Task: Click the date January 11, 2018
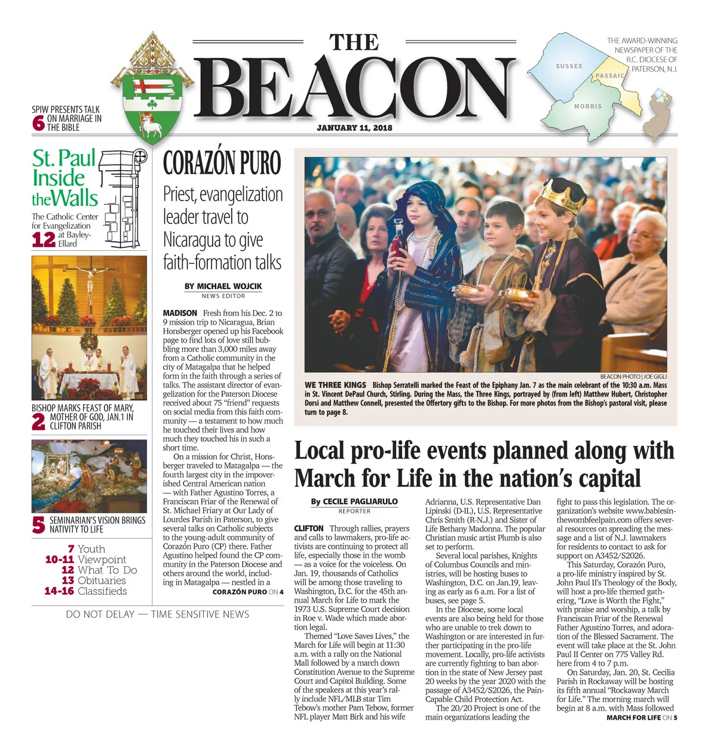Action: (x=354, y=128)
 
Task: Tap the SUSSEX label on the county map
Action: (x=569, y=66)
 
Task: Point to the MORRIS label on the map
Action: (x=588, y=106)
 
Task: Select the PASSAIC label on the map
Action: (x=609, y=76)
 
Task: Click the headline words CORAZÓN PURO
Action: (x=222, y=163)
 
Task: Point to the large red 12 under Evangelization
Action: (x=44, y=239)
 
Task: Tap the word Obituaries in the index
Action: (x=102, y=580)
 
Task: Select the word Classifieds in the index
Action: (x=102, y=591)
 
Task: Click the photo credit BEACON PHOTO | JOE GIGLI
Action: (x=633, y=377)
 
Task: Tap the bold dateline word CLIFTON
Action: (x=308, y=528)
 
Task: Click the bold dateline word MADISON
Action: (x=180, y=313)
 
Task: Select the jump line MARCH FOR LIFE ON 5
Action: (x=641, y=718)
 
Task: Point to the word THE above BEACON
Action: (x=354, y=43)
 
